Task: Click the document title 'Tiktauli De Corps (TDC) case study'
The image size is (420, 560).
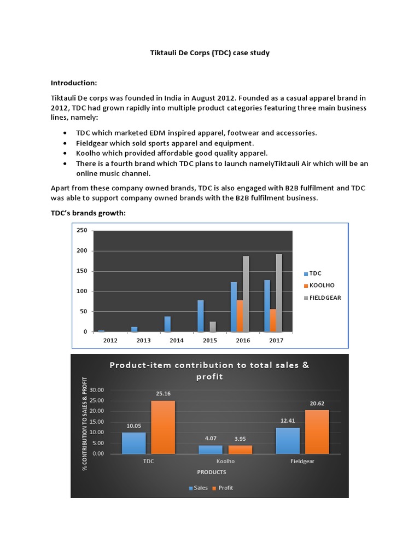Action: pos(210,53)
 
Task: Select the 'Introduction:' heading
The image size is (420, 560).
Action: pos(74,83)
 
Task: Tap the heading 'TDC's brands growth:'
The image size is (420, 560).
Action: pos(88,213)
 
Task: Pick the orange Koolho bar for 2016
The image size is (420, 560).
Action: pos(240,316)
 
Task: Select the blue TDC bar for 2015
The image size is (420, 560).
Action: pos(200,316)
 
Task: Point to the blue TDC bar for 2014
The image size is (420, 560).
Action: pos(167,324)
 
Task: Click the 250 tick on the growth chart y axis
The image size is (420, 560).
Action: pos(81,230)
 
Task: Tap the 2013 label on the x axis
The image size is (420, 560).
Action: pos(143,340)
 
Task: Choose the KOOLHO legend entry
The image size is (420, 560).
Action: pos(322,285)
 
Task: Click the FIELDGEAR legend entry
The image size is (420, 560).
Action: pos(325,297)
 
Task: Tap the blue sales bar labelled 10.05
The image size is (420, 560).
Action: pos(135,443)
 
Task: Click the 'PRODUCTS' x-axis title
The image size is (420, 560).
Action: pos(211,472)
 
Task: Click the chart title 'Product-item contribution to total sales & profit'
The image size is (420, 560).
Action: pos(209,371)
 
